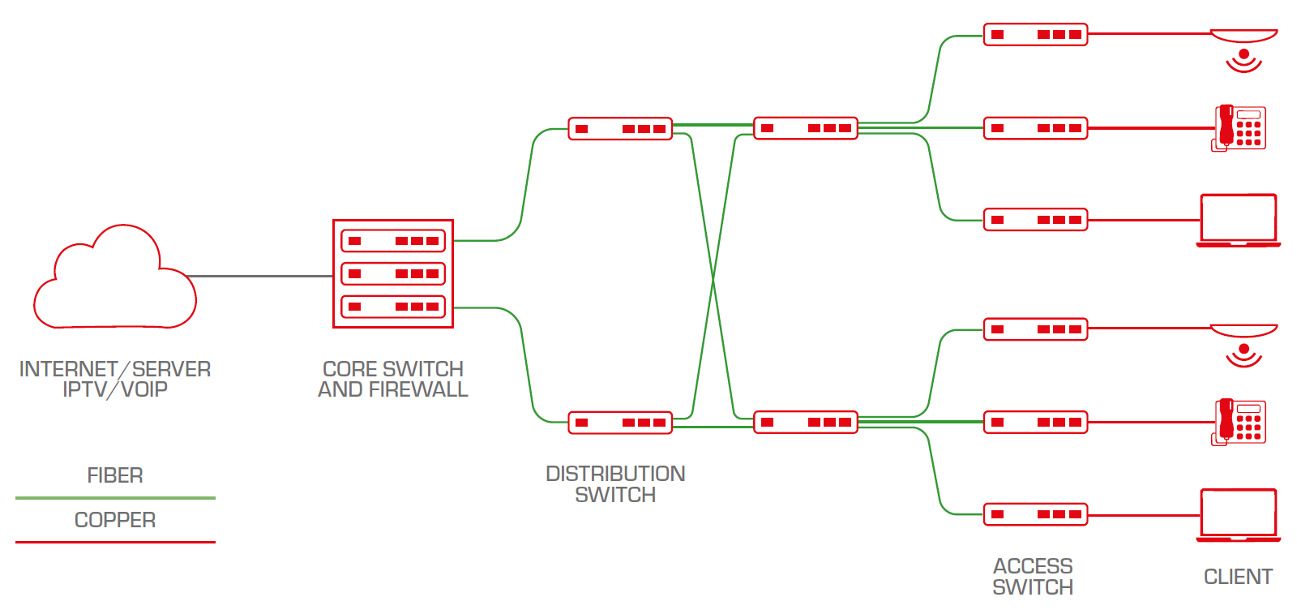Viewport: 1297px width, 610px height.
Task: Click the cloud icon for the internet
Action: pyautogui.click(x=115, y=280)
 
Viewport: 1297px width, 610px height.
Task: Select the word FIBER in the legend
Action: pyautogui.click(x=115, y=475)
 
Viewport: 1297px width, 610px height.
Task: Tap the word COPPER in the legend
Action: pyautogui.click(x=115, y=520)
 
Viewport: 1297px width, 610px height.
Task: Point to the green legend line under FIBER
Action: pyautogui.click(x=115, y=497)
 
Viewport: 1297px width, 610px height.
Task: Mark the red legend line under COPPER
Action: pyautogui.click(x=115, y=541)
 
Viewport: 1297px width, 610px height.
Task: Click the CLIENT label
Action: pyautogui.click(x=1238, y=577)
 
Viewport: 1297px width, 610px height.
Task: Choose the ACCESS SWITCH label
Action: pyautogui.click(x=1033, y=577)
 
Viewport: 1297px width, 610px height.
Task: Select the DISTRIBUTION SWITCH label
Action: pyautogui.click(x=615, y=484)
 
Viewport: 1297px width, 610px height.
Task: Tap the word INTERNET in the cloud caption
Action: pyautogui.click(x=68, y=370)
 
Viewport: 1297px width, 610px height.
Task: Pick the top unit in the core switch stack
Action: pyautogui.click(x=393, y=241)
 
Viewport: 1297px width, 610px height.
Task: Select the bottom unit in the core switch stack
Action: pyautogui.click(x=393, y=307)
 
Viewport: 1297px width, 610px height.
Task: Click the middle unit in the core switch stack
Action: pyautogui.click(x=393, y=274)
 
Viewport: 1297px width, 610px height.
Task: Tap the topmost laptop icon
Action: pyautogui.click(x=1238, y=220)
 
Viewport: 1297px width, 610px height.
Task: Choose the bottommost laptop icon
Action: pyautogui.click(x=1238, y=514)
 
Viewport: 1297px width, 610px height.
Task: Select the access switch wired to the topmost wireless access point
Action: pyautogui.click(x=1035, y=35)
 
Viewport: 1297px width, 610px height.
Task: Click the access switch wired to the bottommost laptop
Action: pyautogui.click(x=1035, y=514)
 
